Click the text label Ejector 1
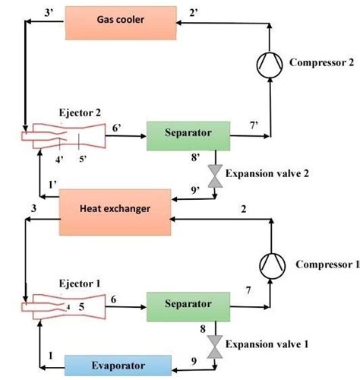[77, 283]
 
